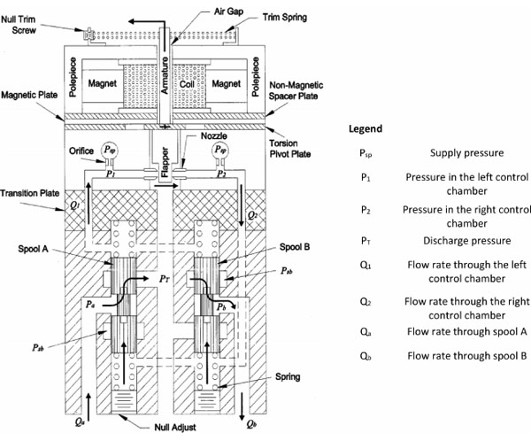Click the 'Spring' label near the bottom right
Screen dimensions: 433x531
click(286, 376)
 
